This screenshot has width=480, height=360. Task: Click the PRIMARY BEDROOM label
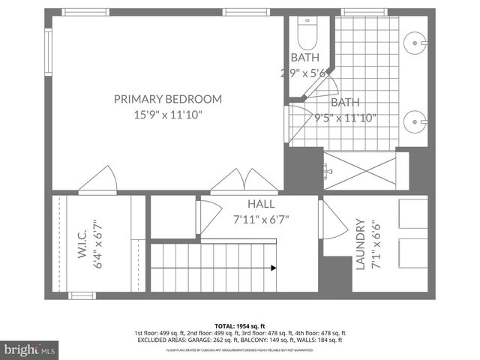(167, 98)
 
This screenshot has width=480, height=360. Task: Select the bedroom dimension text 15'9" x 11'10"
(167, 115)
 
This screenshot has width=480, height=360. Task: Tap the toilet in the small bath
(307, 32)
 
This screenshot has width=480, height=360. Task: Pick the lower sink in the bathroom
(415, 119)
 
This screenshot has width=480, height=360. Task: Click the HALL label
(261, 204)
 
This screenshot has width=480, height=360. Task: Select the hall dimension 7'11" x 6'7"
(261, 220)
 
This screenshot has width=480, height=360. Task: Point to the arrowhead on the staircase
(273, 267)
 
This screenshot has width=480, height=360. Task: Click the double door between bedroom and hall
(235, 181)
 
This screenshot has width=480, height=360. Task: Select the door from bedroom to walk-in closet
(97, 180)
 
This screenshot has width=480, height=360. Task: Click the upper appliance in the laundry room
(412, 214)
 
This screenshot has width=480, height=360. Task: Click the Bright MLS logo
(30, 349)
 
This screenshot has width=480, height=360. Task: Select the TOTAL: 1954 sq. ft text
(239, 325)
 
